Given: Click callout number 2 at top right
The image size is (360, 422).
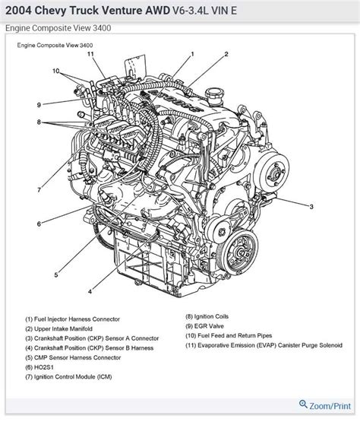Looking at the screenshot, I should (x=226, y=54).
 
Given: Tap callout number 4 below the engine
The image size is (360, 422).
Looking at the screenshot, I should (x=90, y=292).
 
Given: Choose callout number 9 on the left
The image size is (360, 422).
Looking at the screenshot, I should (x=37, y=104).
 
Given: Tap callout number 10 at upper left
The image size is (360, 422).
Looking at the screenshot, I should (x=55, y=71).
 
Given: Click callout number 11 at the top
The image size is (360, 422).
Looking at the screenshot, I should (x=90, y=54).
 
